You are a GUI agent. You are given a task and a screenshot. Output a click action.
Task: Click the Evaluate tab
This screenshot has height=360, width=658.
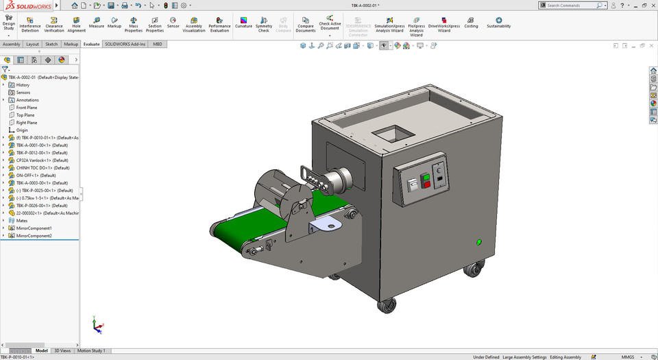pyautogui.click(x=91, y=44)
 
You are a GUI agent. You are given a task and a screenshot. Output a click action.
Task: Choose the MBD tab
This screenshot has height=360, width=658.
pyautogui.click(x=158, y=44)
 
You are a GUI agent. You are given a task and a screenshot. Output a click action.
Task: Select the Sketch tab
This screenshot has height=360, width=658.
pyautogui.click(x=51, y=44)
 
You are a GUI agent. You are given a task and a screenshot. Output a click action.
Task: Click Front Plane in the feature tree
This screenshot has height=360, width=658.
pyautogui.click(x=27, y=108)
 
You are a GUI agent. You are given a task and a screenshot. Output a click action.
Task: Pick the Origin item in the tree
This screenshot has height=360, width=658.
pyautogui.click(x=22, y=130)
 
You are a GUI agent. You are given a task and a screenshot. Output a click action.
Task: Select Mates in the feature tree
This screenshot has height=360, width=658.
pyautogui.click(x=22, y=220)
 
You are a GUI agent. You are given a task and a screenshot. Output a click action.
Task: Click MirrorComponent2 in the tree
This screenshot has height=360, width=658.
pyautogui.click(x=34, y=235)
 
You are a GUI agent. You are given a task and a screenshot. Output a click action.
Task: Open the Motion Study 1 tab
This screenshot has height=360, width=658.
pyautogui.click(x=91, y=350)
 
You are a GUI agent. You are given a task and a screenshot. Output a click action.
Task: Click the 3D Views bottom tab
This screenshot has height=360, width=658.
pyautogui.click(x=62, y=350)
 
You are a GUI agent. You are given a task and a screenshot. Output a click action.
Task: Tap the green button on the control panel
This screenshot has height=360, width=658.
pyautogui.click(x=426, y=177)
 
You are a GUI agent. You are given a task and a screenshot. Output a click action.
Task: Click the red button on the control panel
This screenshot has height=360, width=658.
pyautogui.click(x=427, y=184)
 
